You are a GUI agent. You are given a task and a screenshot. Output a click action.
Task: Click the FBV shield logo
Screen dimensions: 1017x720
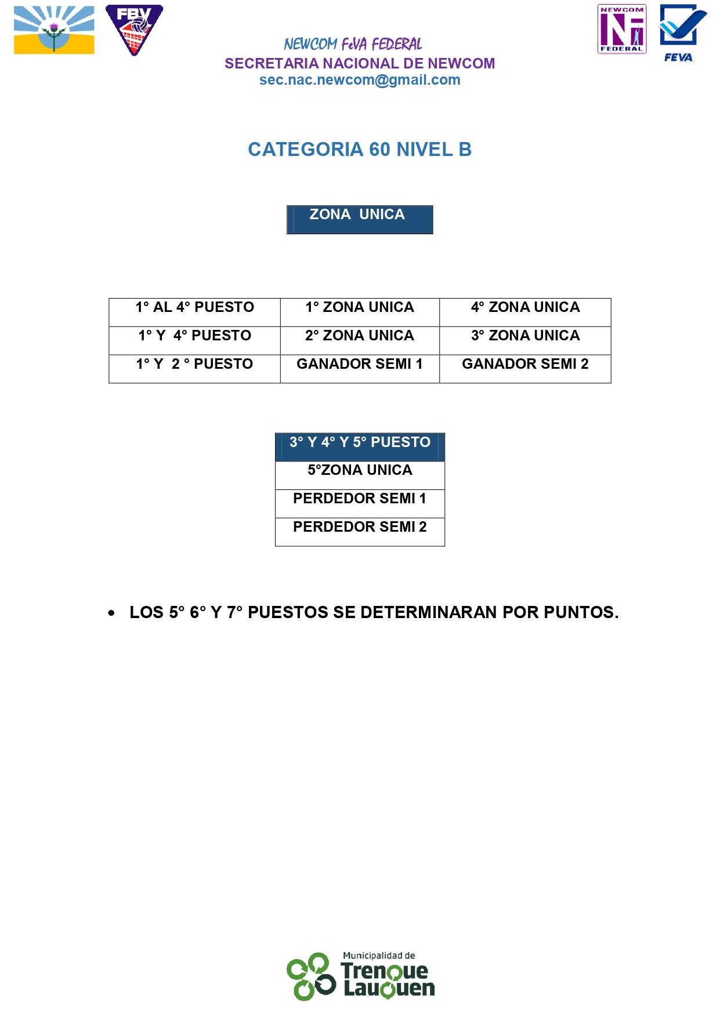[134, 30]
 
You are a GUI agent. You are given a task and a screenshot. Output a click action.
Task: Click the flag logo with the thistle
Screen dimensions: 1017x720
[54, 30]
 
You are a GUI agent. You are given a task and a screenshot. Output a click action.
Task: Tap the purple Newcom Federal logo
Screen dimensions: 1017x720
[621, 29]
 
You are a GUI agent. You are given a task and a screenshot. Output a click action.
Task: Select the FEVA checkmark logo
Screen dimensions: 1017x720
[682, 32]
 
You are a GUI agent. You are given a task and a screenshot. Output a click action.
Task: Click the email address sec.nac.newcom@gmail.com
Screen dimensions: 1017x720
[360, 80]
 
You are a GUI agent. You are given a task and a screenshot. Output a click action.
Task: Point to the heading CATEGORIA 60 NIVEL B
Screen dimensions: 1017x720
[360, 150]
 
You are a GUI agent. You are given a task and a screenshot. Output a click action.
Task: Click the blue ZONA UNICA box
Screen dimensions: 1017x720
[360, 219]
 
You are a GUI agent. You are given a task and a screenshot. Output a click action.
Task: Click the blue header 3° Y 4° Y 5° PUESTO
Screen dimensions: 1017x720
[360, 445]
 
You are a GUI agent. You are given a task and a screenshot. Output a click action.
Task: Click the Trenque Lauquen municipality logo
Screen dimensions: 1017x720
[360, 976]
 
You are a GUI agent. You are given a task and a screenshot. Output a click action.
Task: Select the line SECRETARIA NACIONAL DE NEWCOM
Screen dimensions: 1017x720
[360, 63]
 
